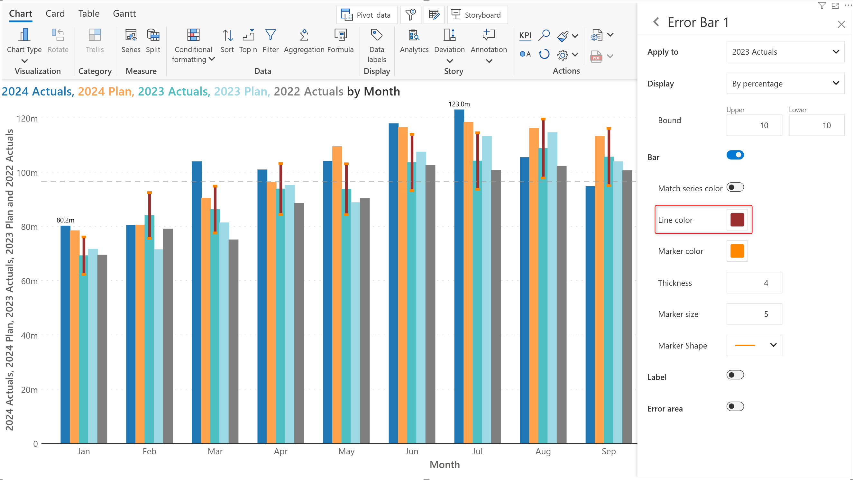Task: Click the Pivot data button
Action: [367, 15]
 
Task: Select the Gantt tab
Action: [124, 14]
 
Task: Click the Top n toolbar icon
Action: [248, 35]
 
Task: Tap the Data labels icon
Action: [377, 35]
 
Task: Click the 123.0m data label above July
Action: [459, 104]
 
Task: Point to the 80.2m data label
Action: [66, 220]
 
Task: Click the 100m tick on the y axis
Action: [27, 173]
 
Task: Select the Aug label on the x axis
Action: [543, 451]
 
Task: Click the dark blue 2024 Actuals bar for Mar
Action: [197, 302]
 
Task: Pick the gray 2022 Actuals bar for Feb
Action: [168, 336]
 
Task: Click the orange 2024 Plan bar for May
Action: [337, 294]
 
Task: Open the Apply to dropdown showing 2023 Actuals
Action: [785, 52]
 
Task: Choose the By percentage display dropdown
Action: [785, 83]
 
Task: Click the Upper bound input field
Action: [754, 125]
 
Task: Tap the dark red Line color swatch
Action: [737, 220]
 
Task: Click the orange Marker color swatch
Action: [737, 251]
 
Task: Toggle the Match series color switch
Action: [735, 187]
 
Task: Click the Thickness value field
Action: [754, 283]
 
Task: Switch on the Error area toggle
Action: [735, 406]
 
